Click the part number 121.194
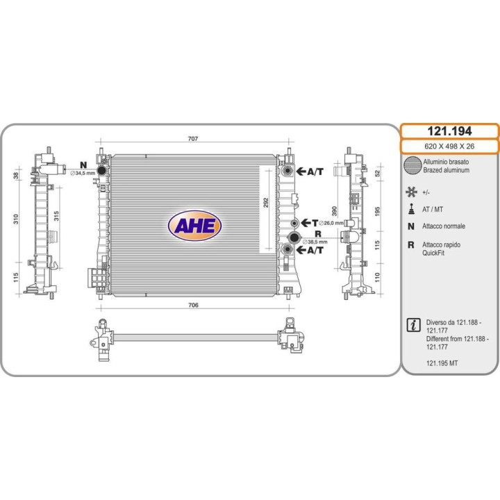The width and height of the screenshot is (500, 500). [450, 131]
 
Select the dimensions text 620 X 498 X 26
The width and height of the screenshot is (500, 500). [450, 147]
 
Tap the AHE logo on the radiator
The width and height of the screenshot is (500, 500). [194, 226]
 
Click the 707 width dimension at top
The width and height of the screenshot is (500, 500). [193, 139]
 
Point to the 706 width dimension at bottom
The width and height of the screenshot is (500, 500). [194, 305]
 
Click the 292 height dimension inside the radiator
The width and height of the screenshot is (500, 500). [265, 203]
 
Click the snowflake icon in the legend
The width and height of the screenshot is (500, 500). [412, 191]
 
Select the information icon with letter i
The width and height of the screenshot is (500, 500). [413, 324]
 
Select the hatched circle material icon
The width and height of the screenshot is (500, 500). [412, 165]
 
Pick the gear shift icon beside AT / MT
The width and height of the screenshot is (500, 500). [412, 209]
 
